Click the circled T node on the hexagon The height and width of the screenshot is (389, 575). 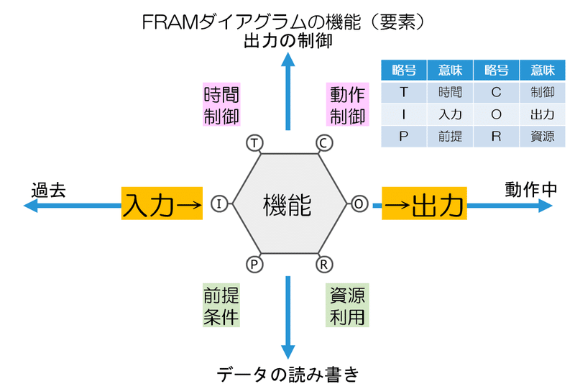[x=254, y=143]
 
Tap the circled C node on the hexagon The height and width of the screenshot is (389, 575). [x=323, y=143]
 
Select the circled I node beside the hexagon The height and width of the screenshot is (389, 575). [x=220, y=204]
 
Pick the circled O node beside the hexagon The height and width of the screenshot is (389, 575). [x=358, y=204]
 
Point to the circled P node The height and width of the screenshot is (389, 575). [x=254, y=265]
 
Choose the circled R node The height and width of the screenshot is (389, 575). [x=323, y=265]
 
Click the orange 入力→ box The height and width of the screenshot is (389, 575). [x=162, y=204]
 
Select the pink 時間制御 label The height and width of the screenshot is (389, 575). [x=221, y=105]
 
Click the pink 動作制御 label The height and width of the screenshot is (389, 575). [x=348, y=105]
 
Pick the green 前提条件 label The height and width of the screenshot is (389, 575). [x=221, y=306]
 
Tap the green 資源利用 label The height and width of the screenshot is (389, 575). [x=348, y=306]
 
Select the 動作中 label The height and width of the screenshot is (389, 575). [x=530, y=189]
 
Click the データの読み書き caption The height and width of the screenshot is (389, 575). [x=287, y=374]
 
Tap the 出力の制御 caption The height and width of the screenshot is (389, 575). [x=287, y=41]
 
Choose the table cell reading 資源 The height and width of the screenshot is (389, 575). [x=542, y=137]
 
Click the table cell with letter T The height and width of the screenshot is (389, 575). [x=403, y=92]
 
